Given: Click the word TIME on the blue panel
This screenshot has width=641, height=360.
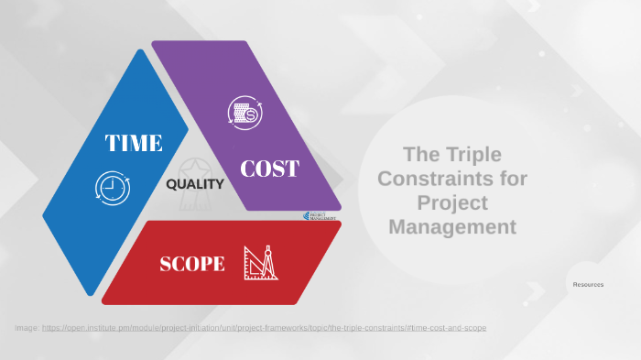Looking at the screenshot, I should pyautogui.click(x=133, y=143).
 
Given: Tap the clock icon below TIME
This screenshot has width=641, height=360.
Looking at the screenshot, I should pyautogui.click(x=111, y=187).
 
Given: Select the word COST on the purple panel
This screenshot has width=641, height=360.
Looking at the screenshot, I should pyautogui.click(x=269, y=169).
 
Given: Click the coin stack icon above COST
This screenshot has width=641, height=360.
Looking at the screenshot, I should pyautogui.click(x=244, y=114).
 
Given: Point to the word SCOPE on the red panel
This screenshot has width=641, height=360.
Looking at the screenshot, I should pyautogui.click(x=192, y=264).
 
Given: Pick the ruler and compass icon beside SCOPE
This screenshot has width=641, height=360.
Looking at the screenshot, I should pyautogui.click(x=260, y=263).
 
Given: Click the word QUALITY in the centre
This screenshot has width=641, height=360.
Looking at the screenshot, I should pyautogui.click(x=195, y=184).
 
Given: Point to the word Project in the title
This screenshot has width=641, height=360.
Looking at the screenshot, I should pyautogui.click(x=452, y=202).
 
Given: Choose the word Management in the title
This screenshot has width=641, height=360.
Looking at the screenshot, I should pyautogui.click(x=452, y=226).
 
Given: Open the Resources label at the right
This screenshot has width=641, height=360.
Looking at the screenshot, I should pyautogui.click(x=588, y=285).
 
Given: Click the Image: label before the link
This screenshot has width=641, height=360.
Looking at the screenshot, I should pyautogui.click(x=26, y=327).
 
